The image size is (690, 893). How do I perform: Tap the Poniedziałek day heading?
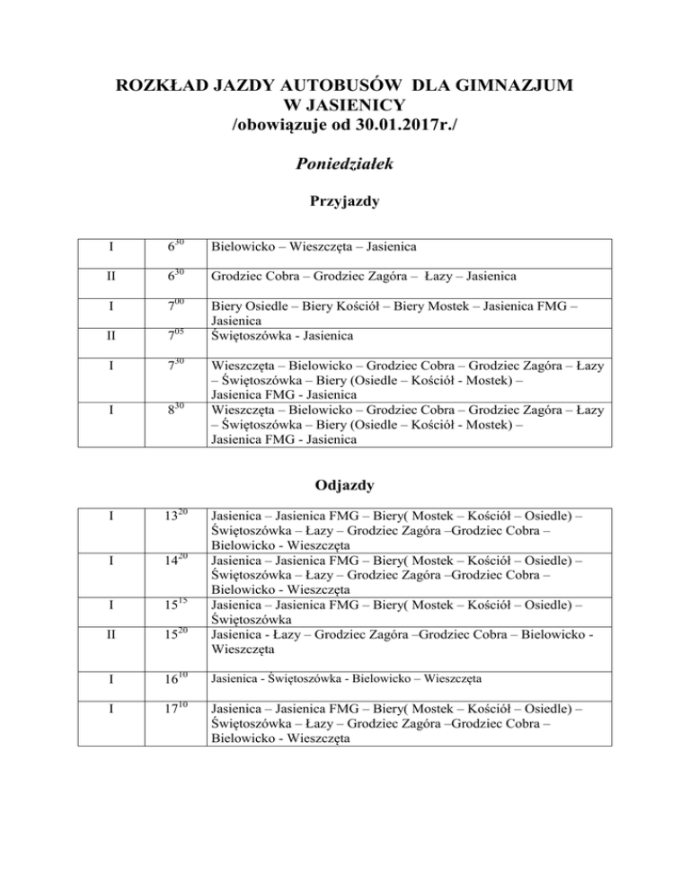pos(345,165)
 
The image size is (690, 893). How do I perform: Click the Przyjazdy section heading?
pos(345,203)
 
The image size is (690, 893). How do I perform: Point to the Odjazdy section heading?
pos(345,485)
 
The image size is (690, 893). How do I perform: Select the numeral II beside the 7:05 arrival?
pos(109,336)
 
